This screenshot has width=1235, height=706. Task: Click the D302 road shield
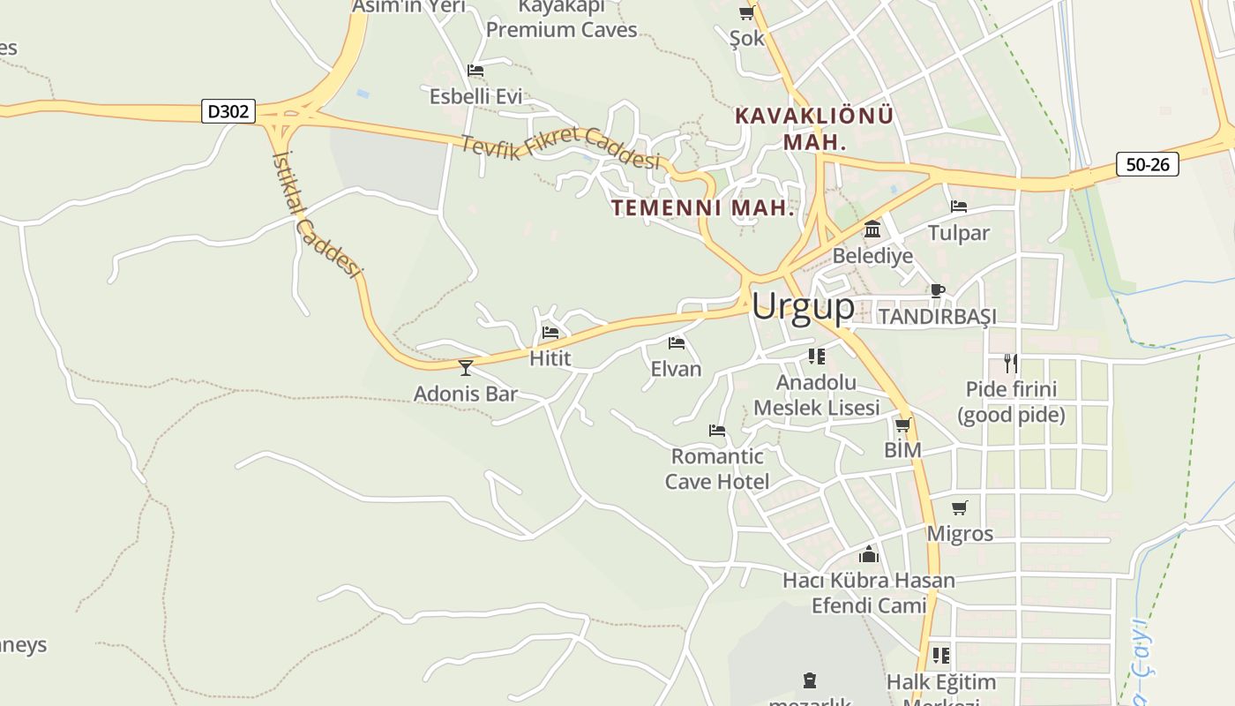[228, 112]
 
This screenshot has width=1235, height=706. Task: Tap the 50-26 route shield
[1147, 164]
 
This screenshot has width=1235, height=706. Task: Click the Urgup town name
[803, 306]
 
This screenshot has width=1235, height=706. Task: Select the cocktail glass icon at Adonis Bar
[466, 367]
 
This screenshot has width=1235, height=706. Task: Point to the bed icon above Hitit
[550, 333]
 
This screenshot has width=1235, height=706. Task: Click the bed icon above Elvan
[677, 343]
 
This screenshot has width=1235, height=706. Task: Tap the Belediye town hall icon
[872, 229]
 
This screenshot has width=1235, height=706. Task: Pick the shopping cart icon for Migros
[959, 507]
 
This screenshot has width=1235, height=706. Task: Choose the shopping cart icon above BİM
[902, 424]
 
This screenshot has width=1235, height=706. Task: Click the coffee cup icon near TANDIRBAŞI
[938, 290]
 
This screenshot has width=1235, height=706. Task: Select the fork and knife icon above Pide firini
[1010, 363]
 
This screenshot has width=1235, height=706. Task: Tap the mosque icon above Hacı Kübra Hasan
[869, 554]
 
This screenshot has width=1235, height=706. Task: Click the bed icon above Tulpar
[959, 207]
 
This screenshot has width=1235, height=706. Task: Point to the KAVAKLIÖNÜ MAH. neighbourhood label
[814, 128]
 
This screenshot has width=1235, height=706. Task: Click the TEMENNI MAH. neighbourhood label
[703, 208]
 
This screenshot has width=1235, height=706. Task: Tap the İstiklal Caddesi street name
[318, 213]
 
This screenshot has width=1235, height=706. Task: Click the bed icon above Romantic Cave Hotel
[717, 431]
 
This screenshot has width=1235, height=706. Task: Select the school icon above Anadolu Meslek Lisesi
[817, 357]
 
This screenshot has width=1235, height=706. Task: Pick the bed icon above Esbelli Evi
[475, 71]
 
